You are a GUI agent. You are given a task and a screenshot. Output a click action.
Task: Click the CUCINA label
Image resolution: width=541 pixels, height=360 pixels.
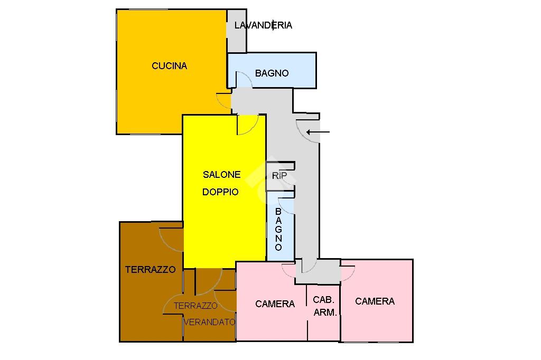170,65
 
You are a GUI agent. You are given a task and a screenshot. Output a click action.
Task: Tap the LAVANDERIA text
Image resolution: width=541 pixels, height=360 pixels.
263,25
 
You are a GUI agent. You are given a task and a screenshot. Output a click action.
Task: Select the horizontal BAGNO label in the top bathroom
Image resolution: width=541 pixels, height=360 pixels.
272,73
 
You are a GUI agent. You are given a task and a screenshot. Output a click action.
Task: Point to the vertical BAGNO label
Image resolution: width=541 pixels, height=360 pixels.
278,229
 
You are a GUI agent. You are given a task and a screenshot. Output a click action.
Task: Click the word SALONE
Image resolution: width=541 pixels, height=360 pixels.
221,175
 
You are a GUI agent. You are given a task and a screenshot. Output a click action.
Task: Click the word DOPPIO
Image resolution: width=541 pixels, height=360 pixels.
220,192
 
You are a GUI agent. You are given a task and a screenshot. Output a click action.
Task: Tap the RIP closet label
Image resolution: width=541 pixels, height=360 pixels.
279,176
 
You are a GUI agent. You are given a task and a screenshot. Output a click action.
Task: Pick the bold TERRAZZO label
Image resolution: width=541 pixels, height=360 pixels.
151,269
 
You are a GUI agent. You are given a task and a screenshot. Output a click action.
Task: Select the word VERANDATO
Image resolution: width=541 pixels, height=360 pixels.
209,322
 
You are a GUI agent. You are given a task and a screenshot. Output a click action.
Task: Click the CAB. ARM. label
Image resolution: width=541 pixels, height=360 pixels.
324,306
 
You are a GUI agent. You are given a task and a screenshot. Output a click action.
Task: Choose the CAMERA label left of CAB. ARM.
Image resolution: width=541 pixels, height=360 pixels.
275,304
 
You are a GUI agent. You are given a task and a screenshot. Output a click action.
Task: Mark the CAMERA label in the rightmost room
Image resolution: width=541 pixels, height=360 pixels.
375,301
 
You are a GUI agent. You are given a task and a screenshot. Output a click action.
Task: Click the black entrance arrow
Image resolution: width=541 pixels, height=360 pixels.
318,132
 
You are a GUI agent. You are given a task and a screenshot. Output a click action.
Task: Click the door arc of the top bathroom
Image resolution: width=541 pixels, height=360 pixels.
247,76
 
